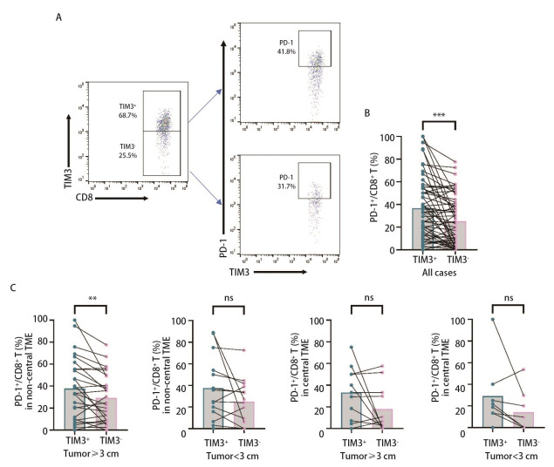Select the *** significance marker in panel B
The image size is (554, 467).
coord(439,123)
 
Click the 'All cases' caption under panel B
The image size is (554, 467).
coord(439,272)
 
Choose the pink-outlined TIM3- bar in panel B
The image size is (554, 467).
coord(454,235)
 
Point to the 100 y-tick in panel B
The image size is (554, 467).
coord(397,138)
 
